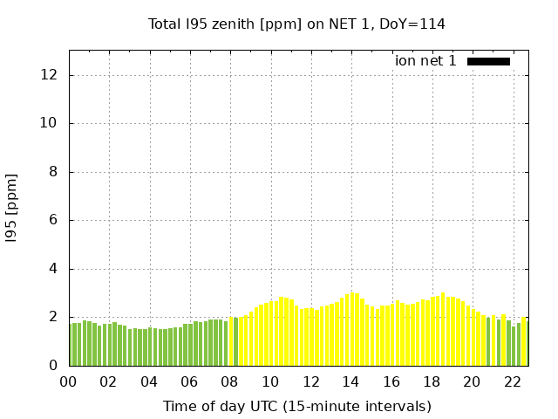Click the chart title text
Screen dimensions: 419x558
pos(296,24)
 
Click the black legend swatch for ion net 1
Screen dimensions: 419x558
pos(488,61)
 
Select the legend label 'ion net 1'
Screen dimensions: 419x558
pos(425,61)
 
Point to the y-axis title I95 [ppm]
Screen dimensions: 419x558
pos(12,208)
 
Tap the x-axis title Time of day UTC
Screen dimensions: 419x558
pos(296,406)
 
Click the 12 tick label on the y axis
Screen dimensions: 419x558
pos(50,75)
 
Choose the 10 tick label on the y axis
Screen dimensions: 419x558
pos(50,123)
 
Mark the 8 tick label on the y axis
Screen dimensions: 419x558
pos(53,172)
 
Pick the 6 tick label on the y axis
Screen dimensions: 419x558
pos(53,220)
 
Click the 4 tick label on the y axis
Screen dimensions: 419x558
pos(53,269)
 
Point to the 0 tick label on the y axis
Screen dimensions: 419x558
pos(53,366)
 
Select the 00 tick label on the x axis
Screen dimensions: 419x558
pos(68,381)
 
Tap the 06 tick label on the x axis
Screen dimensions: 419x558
pos(189,381)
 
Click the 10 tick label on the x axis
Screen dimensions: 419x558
pos(270,381)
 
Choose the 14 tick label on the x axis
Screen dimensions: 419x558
pos(350,381)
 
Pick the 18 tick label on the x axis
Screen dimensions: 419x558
pos(432,381)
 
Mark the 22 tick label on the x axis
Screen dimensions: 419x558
pos(512,381)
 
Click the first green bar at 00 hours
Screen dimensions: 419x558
pos(71,345)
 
